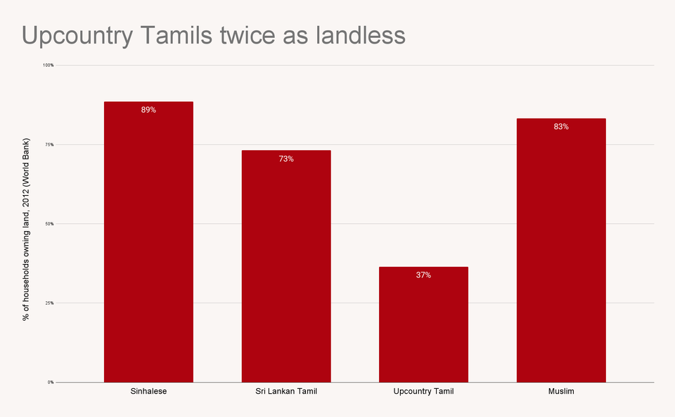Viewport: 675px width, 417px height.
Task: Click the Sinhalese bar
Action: pyautogui.click(x=148, y=242)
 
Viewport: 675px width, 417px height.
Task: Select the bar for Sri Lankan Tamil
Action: pyautogui.click(x=286, y=267)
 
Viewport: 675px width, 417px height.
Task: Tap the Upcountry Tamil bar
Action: pyautogui.click(x=423, y=324)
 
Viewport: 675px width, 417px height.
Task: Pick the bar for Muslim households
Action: pyautogui.click(x=561, y=251)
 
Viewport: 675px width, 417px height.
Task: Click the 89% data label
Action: pyautogui.click(x=148, y=110)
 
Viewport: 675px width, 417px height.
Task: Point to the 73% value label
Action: pyautogui.click(x=286, y=159)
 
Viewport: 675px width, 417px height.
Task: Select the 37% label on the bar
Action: pyautogui.click(x=423, y=275)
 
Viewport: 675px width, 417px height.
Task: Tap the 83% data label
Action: pyautogui.click(x=561, y=127)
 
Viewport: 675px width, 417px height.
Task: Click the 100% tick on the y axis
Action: pyautogui.click(x=49, y=65)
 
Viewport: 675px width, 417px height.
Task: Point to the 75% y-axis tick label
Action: pyautogui.click(x=49, y=145)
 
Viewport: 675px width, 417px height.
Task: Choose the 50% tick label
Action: pyautogui.click(x=49, y=224)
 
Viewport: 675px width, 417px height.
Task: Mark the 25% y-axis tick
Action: pyautogui.click(x=49, y=303)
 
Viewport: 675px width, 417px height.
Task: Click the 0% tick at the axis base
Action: pyautogui.click(x=51, y=383)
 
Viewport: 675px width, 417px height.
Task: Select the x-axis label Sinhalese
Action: pyautogui.click(x=148, y=391)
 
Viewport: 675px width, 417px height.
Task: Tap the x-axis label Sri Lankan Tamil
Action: pyautogui.click(x=286, y=391)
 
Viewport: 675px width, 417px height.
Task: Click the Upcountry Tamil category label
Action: pyautogui.click(x=423, y=391)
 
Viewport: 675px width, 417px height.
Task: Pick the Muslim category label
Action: pyautogui.click(x=561, y=391)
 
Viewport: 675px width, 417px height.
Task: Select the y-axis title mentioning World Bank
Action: pyautogui.click(x=26, y=224)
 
